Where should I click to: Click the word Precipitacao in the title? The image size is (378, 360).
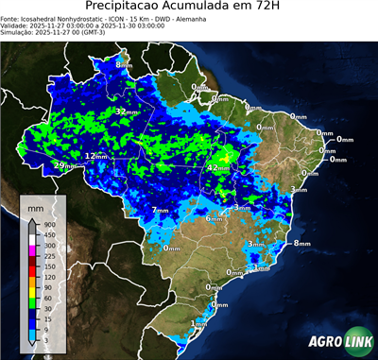(126, 7)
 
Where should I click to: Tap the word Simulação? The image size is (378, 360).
(17, 32)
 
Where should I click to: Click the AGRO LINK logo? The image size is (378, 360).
(338, 340)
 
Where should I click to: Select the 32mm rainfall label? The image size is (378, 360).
(123, 111)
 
